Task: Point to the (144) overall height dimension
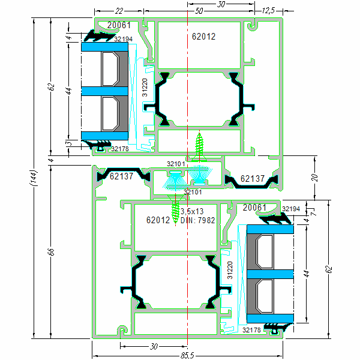(x=35, y=178)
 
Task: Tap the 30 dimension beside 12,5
(x=220, y=4)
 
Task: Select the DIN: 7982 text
(x=198, y=220)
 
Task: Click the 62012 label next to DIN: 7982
(x=158, y=220)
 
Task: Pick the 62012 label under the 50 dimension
(x=203, y=37)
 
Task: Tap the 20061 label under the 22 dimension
(x=119, y=25)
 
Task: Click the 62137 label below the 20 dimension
(x=253, y=179)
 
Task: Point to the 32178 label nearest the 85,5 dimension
(x=252, y=329)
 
